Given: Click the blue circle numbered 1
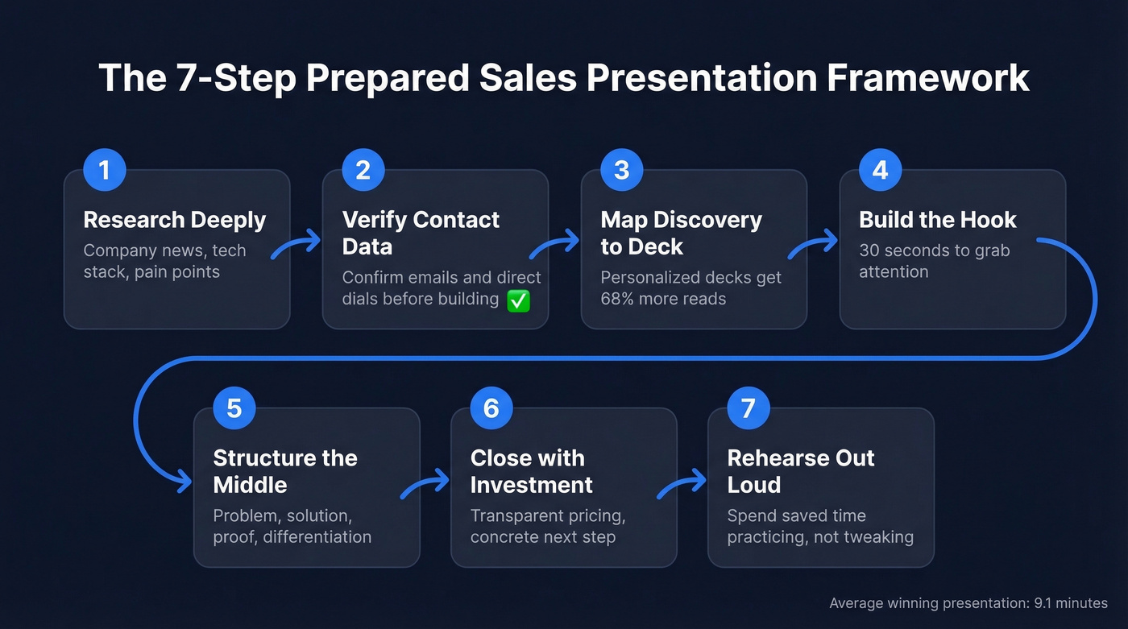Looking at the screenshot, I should (x=105, y=170).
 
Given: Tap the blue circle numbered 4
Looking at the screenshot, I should (x=880, y=170).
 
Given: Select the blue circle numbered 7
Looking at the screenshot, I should (x=749, y=408).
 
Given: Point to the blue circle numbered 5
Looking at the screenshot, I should (x=234, y=408).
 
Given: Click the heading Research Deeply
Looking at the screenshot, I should (x=175, y=220).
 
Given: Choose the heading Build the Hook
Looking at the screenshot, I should (x=938, y=220).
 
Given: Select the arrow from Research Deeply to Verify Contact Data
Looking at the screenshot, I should (x=296, y=243).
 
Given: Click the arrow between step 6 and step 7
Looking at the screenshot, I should (x=682, y=486).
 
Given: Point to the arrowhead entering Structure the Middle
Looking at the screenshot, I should (x=185, y=481).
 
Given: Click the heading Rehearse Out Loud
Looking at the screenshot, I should (x=800, y=471).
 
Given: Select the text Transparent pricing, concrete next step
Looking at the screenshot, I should (x=548, y=526).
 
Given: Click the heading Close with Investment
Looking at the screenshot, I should (x=531, y=471).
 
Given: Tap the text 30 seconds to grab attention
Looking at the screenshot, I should (x=933, y=261).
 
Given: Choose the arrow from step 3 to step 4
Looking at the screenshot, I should (x=813, y=243).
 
